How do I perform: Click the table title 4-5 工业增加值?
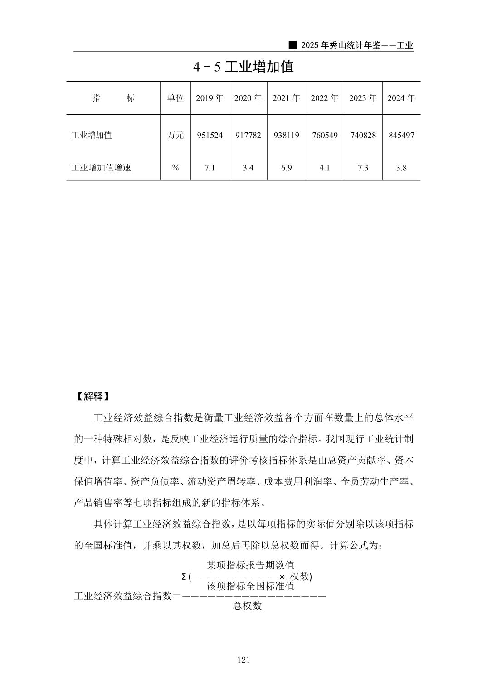click(243, 67)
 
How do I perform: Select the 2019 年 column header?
click(209, 98)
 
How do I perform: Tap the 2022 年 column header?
click(325, 98)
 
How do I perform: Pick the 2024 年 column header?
click(401, 98)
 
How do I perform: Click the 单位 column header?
click(175, 98)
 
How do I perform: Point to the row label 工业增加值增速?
click(101, 168)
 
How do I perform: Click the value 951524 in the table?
click(209, 135)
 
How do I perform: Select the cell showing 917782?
click(248, 135)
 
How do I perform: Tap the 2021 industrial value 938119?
click(286, 135)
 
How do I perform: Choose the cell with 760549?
click(325, 135)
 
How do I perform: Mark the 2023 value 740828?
click(363, 135)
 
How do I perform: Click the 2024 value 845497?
click(401, 135)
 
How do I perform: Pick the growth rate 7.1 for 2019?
click(209, 168)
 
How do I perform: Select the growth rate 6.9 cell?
click(286, 168)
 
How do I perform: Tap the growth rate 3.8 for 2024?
click(401, 168)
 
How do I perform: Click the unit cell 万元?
click(175, 135)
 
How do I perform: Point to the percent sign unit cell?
click(175, 168)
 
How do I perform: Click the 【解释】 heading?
click(92, 396)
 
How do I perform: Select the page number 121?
click(243, 660)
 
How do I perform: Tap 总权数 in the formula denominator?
click(248, 606)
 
